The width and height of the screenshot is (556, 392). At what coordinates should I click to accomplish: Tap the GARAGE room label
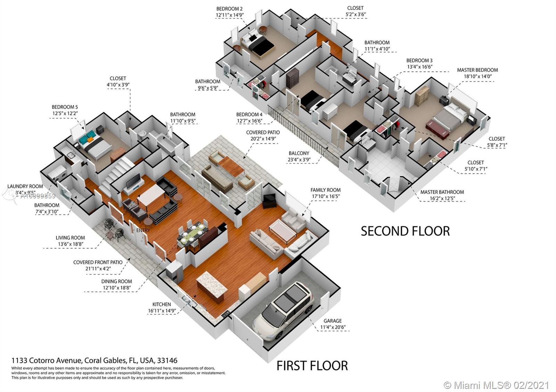(333, 321)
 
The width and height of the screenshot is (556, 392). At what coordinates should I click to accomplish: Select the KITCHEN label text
(162, 305)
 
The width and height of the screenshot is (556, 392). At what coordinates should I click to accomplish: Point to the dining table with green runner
(193, 235)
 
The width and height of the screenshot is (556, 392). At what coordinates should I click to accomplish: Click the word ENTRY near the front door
(143, 230)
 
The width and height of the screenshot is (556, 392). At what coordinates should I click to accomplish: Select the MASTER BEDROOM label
(477, 70)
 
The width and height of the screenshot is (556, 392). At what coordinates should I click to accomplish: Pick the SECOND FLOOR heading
(405, 231)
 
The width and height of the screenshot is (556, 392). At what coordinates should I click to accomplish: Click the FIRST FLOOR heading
(312, 366)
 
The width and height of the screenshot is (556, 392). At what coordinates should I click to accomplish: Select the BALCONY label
(299, 153)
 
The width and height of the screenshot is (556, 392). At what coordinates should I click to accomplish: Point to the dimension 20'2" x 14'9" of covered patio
(263, 139)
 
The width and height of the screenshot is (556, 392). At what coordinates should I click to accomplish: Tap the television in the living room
(133, 181)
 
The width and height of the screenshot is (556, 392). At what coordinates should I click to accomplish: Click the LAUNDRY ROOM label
(25, 186)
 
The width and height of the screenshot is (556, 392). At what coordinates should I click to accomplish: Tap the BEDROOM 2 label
(229, 9)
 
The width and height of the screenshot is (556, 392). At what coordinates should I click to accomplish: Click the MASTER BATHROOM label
(442, 192)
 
